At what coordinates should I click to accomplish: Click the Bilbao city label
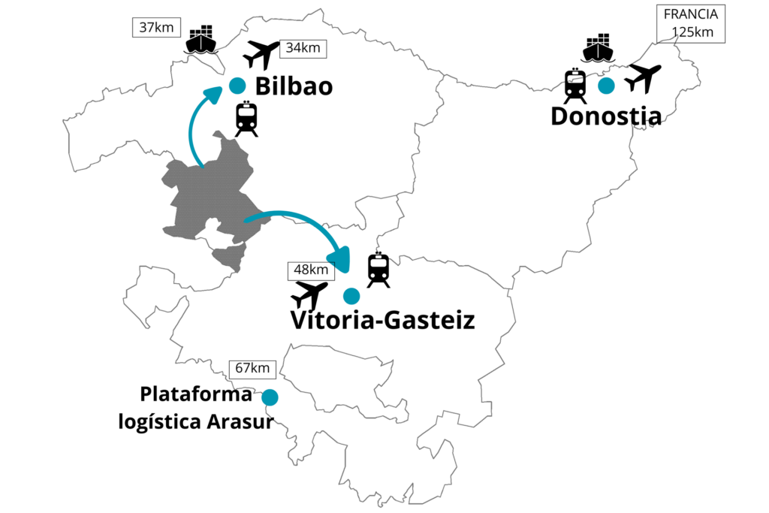pos(294,86)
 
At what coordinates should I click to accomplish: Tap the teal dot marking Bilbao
pos(237,85)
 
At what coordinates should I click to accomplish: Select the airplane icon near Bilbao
pos(261,55)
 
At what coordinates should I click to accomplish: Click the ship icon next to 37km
pos(201,40)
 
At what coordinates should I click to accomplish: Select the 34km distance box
pos(303,48)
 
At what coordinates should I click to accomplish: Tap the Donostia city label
pos(606,116)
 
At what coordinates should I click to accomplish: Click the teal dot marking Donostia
pos(606,86)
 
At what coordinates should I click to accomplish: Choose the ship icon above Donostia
pos(599,48)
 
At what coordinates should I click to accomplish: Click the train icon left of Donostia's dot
pos(575,86)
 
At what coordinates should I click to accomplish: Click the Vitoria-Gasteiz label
pos(382,321)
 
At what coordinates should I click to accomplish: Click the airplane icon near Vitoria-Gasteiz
pos(309,294)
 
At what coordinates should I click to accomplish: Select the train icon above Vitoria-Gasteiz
pos(378,270)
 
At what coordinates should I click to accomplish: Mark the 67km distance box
pos(252,368)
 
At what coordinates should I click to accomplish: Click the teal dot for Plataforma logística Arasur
pos(270,397)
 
